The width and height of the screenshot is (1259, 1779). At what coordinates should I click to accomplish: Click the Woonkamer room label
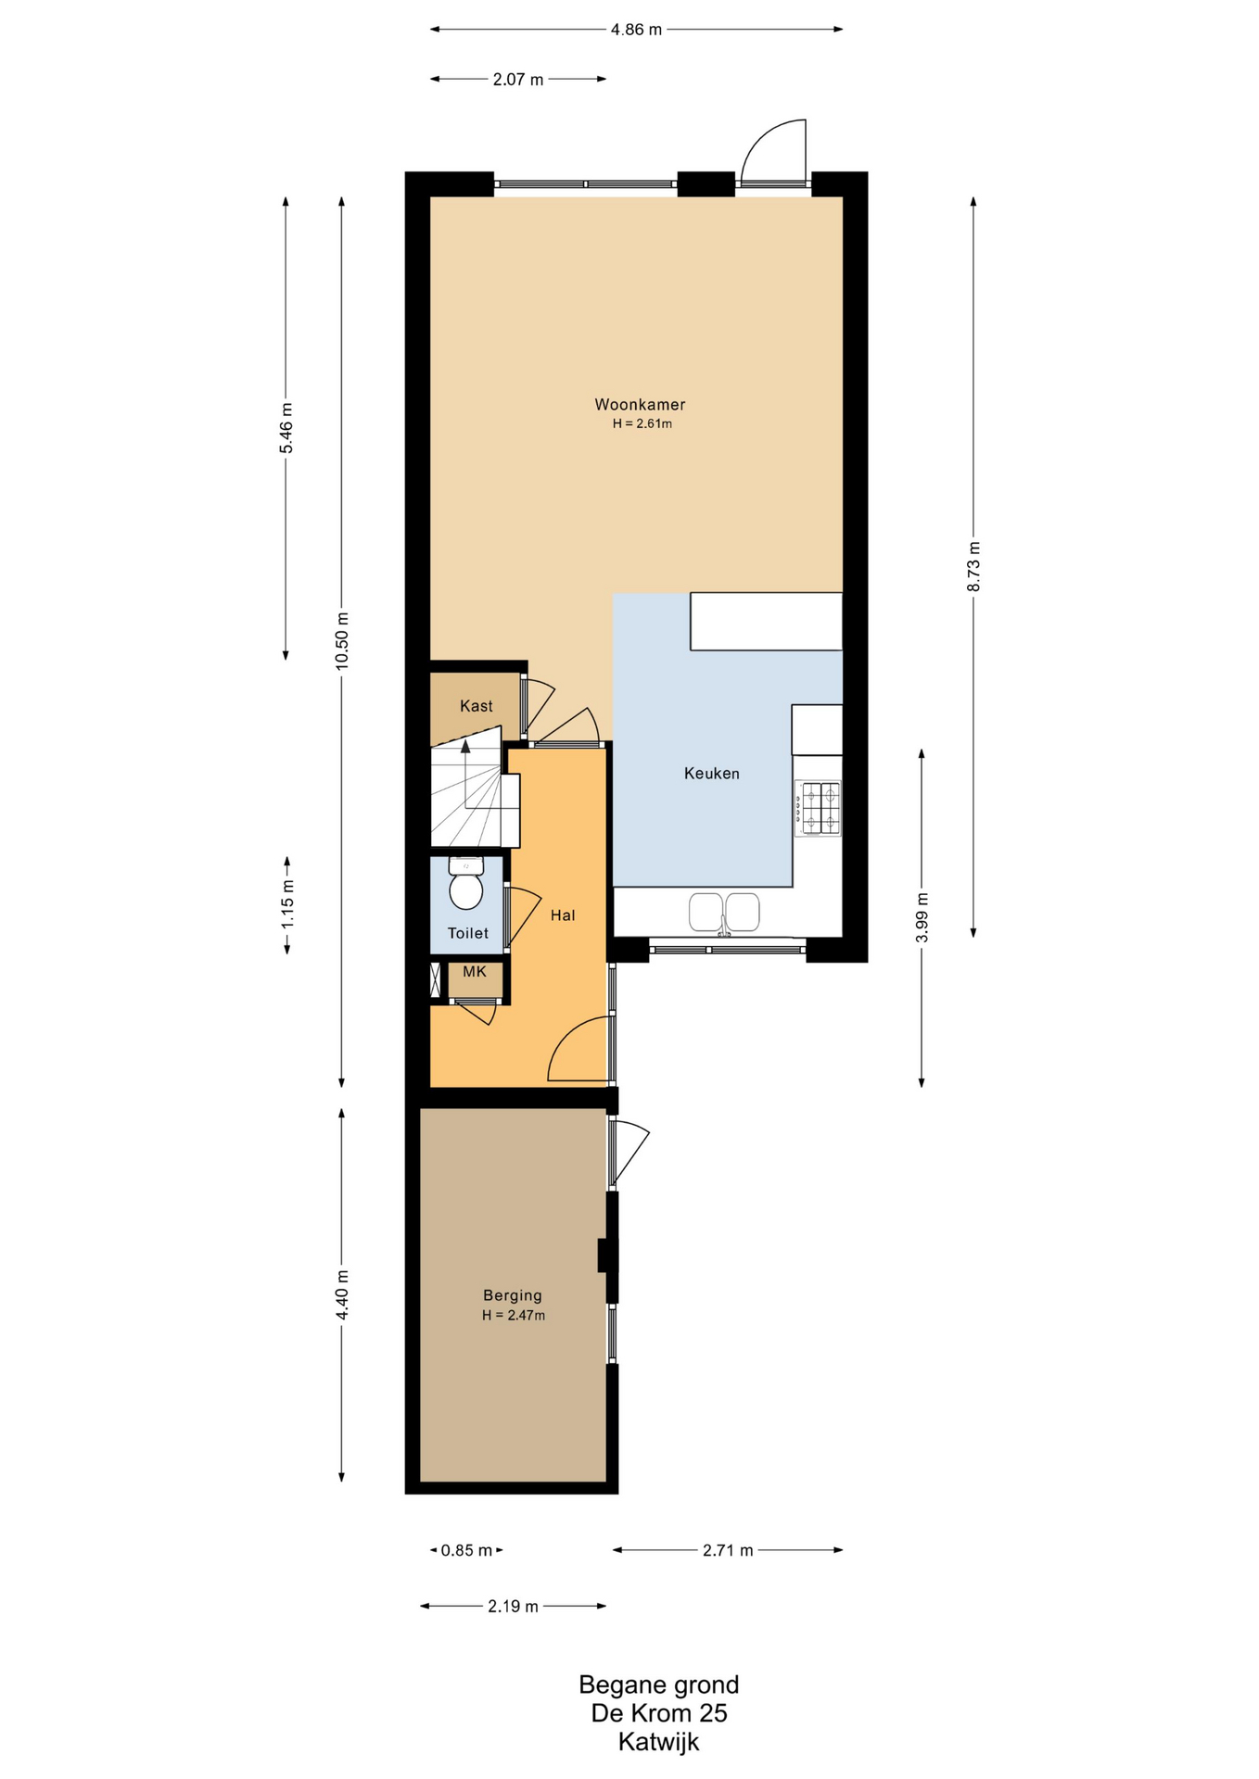640,404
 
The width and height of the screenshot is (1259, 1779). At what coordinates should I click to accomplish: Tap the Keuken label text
712,773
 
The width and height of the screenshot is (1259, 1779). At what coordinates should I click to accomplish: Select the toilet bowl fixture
466,883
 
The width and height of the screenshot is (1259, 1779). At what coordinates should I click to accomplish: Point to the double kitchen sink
724,912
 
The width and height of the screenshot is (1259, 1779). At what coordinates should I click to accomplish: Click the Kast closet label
477,706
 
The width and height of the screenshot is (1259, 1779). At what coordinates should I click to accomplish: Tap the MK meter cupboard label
475,971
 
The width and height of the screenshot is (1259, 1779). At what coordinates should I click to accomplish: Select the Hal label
563,915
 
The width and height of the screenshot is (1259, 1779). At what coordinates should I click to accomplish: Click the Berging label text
513,1295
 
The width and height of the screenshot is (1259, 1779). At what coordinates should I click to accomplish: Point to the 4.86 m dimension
636,30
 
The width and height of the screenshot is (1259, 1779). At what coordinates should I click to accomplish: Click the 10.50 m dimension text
342,640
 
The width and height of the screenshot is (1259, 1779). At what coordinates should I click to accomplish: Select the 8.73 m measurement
973,566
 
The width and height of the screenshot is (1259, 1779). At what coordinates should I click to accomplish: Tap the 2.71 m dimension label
728,1550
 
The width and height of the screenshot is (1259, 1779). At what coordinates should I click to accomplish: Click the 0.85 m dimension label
466,1550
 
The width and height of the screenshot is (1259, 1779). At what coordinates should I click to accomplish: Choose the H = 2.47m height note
514,1315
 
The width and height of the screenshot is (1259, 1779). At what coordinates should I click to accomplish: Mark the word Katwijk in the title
659,1742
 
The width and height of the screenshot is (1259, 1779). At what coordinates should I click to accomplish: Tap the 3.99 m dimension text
922,917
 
